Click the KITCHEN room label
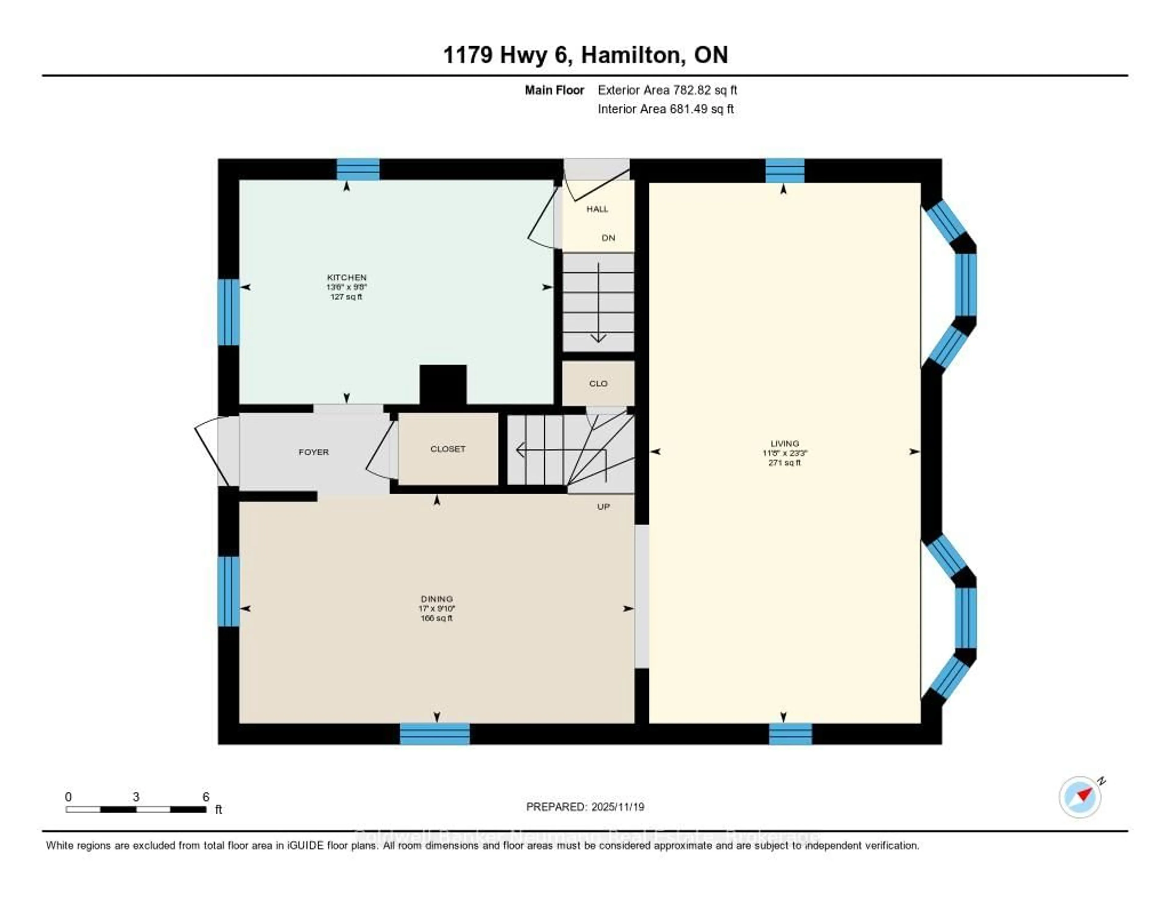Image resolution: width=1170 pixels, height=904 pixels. pos(347,277)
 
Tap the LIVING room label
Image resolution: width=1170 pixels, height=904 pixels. pos(784,443)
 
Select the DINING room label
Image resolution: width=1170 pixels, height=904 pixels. pos(437,599)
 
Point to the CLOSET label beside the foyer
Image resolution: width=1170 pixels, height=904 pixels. pos(448,449)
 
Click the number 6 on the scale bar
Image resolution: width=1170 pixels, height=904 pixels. pos(206,797)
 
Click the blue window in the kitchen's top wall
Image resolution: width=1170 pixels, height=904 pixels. pos(358,169)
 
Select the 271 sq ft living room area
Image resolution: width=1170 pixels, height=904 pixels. pos(784,462)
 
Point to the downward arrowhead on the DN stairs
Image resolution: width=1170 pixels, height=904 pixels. pos(598,338)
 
